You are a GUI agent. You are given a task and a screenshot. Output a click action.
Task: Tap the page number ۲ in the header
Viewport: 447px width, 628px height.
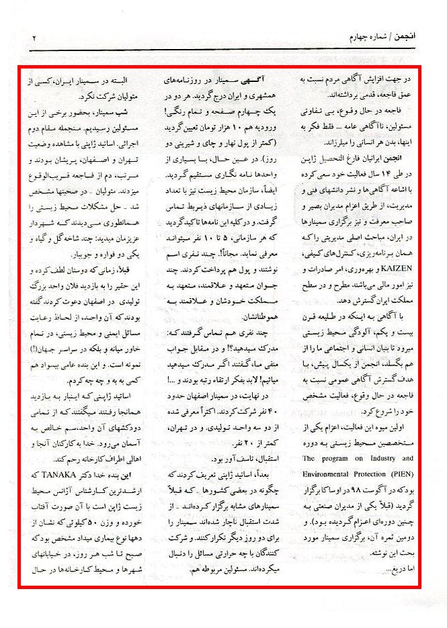click(34, 38)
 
